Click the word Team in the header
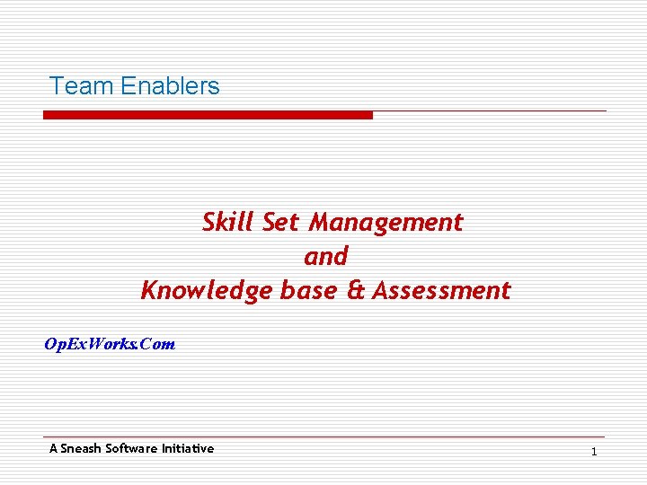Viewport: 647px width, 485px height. click(x=81, y=86)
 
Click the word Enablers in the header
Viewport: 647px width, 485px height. click(x=170, y=86)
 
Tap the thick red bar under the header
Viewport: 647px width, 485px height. click(x=208, y=115)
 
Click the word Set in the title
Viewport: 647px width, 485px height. click(x=281, y=222)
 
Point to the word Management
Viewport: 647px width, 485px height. click(x=386, y=222)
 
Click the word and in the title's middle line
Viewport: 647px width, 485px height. click(x=325, y=257)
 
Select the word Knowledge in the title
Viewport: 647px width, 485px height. click(x=206, y=291)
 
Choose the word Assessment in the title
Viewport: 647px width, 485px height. click(x=441, y=291)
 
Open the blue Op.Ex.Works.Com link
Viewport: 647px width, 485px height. click(x=110, y=344)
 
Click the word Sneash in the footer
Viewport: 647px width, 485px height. click(x=81, y=448)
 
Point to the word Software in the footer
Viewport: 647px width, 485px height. click(x=131, y=448)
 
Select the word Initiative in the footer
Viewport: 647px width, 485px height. click(x=188, y=448)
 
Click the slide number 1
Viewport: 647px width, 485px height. click(x=594, y=451)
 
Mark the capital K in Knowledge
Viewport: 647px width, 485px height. click(x=150, y=291)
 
